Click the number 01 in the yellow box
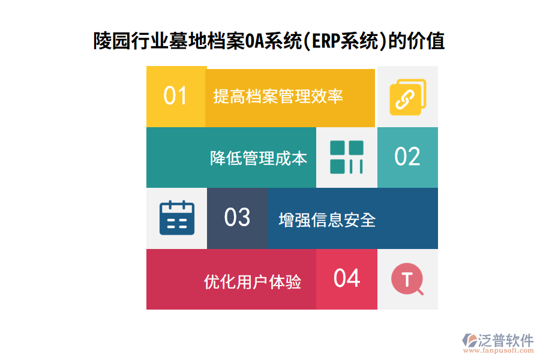[x=175, y=96]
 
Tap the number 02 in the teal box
[x=407, y=157]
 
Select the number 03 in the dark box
[x=237, y=217]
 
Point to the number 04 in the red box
[x=347, y=278]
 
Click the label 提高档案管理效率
[x=278, y=96]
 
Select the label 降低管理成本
[x=259, y=158]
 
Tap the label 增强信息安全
[x=327, y=220]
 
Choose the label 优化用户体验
[x=253, y=281]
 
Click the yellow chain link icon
[x=407, y=97]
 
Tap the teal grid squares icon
[x=347, y=157]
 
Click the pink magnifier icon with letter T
[x=407, y=280]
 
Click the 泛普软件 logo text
[x=505, y=340]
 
